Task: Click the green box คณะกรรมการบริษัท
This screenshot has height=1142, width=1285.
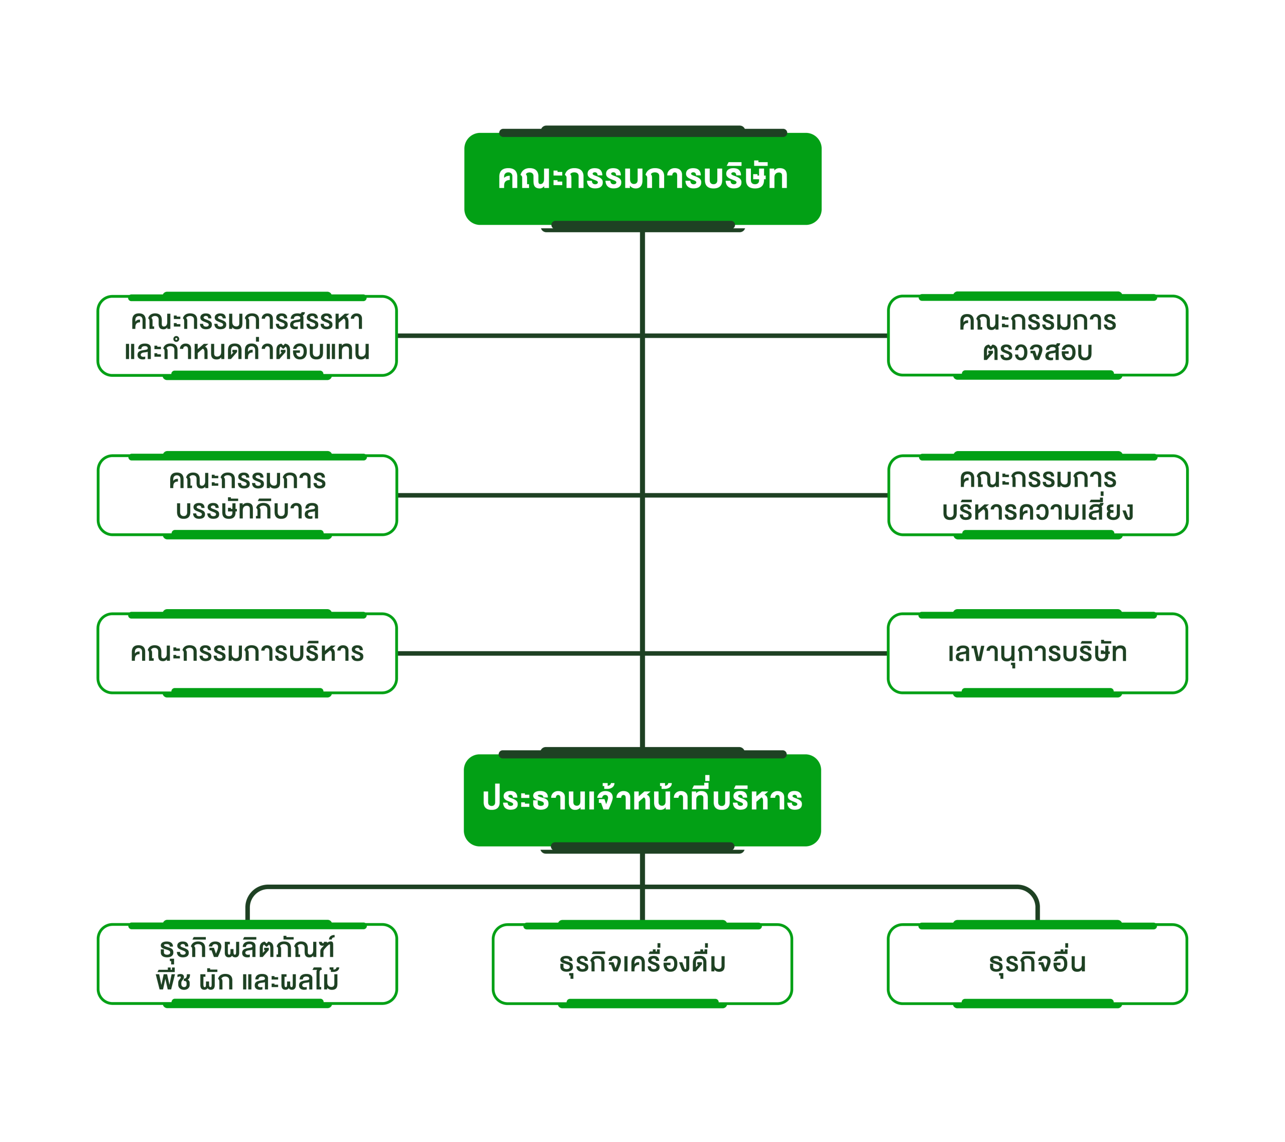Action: coord(642,179)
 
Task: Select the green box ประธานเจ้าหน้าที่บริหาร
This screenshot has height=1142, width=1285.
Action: coord(642,799)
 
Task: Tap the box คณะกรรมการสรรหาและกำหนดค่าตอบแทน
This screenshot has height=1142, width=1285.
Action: coord(247,336)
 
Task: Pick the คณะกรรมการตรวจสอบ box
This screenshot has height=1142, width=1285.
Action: coord(1038,336)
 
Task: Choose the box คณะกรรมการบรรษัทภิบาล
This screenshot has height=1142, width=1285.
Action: coord(247,495)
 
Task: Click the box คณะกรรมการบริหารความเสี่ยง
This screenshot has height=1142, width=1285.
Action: coord(1038,495)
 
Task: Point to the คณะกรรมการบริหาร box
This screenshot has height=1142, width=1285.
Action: coord(247,653)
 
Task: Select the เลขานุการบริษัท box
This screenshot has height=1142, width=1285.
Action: coord(1038,653)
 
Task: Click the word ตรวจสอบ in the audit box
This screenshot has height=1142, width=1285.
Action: coord(1038,351)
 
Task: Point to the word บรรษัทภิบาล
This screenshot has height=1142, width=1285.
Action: coord(247,510)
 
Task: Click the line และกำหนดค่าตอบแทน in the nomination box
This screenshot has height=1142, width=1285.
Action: coord(247,351)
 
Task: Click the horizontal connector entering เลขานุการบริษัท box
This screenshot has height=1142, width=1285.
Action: coord(767,653)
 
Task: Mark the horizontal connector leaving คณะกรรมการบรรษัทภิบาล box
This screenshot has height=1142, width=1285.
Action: coord(516,495)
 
